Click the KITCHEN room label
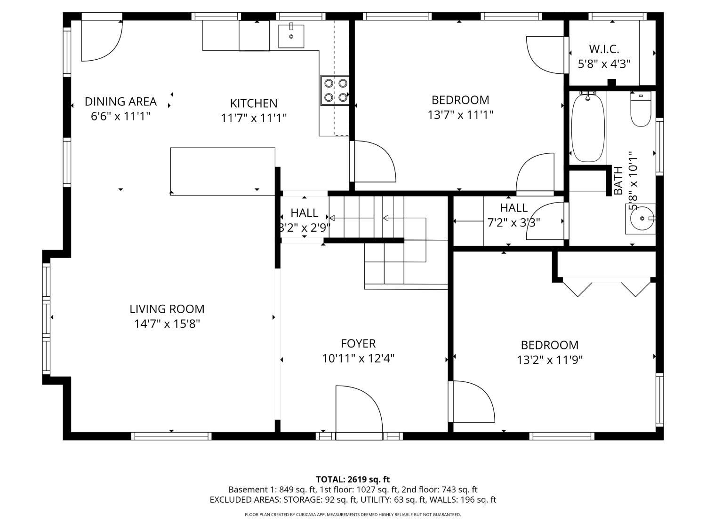point(253,103)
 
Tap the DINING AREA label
point(120,102)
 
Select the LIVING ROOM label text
point(167,309)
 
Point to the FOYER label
point(358,344)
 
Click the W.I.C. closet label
point(604,49)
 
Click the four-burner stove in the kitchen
point(335,90)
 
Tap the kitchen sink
point(291,36)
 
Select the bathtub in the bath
point(588,127)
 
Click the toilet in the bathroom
point(641,109)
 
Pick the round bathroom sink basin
point(642,218)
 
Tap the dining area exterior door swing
point(102,40)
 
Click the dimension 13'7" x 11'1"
point(460,115)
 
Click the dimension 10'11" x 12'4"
point(358,358)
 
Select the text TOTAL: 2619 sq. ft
point(353,480)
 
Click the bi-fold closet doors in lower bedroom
point(606,289)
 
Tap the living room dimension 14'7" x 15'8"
point(167,324)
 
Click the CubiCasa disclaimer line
point(353,515)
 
